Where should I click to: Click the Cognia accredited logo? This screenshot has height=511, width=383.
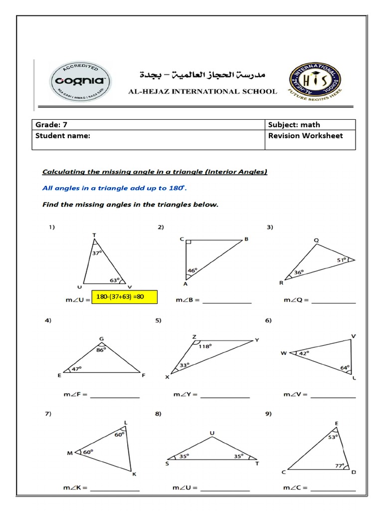(x=81, y=81)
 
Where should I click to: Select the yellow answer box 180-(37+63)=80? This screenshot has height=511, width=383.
(x=123, y=297)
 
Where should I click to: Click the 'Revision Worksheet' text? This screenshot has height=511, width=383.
(x=305, y=136)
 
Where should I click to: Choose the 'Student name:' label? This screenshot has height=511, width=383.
(x=62, y=136)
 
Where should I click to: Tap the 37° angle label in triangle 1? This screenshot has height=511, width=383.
(x=97, y=253)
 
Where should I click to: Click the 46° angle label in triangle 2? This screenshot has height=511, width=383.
(x=192, y=270)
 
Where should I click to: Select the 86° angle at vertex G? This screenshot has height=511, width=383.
(x=102, y=350)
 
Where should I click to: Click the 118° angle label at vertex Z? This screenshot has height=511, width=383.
(x=205, y=346)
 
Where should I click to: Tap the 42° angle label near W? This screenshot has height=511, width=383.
(x=303, y=353)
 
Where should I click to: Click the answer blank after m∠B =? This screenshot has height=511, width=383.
(x=227, y=301)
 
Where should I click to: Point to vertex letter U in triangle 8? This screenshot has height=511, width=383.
(x=212, y=433)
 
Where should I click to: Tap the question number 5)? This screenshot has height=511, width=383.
(x=158, y=320)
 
